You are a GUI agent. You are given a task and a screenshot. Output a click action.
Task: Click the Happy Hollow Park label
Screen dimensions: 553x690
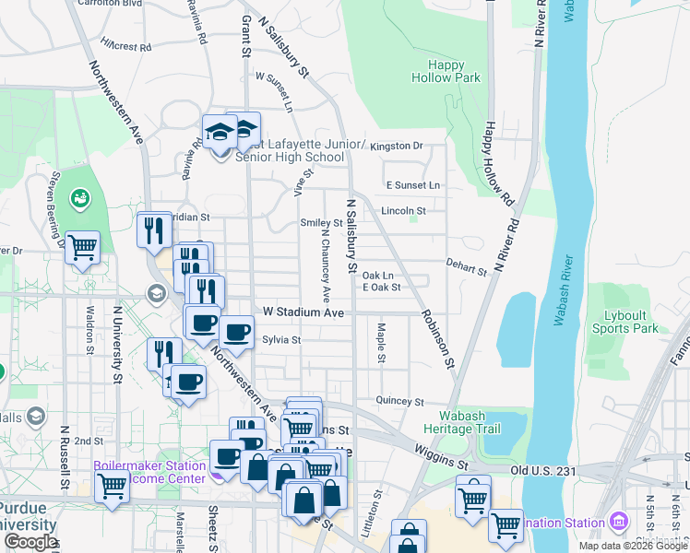click(x=453, y=71)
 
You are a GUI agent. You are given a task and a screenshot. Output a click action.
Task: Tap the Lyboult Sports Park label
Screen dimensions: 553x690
click(x=625, y=322)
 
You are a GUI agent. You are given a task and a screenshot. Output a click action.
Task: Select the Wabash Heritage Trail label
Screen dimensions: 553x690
click(x=454, y=422)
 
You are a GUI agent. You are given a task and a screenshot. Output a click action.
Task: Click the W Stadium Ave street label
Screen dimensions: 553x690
click(x=303, y=313)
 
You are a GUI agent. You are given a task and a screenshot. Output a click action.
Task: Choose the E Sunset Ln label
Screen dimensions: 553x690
click(x=412, y=185)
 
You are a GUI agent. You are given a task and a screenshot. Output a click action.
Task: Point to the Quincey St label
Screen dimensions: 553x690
click(x=399, y=402)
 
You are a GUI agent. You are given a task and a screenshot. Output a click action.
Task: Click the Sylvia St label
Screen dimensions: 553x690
click(x=282, y=340)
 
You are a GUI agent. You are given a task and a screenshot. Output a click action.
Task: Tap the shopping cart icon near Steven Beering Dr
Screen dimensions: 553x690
click(x=83, y=247)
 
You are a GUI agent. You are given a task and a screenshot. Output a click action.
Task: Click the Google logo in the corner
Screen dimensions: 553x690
click(x=30, y=542)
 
